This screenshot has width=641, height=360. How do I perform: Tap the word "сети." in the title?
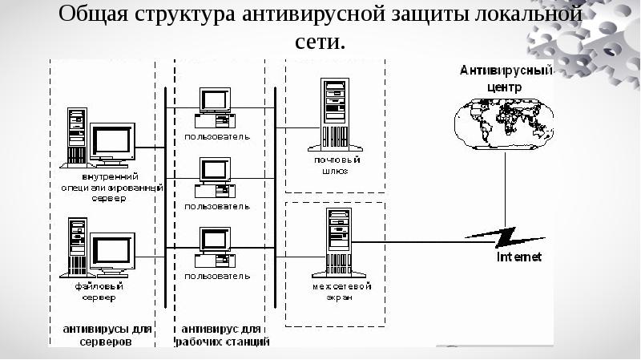(320, 42)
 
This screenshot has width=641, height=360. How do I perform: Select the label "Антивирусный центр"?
(506, 77)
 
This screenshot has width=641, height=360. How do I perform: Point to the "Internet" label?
(519, 257)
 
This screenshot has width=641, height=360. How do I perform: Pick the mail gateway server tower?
(336, 111)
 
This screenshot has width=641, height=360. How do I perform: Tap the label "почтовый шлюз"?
(336, 164)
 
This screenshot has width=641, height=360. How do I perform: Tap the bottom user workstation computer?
(215, 248)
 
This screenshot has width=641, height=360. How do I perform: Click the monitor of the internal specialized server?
(111, 143)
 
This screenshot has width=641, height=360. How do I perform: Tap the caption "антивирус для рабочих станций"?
(222, 335)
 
